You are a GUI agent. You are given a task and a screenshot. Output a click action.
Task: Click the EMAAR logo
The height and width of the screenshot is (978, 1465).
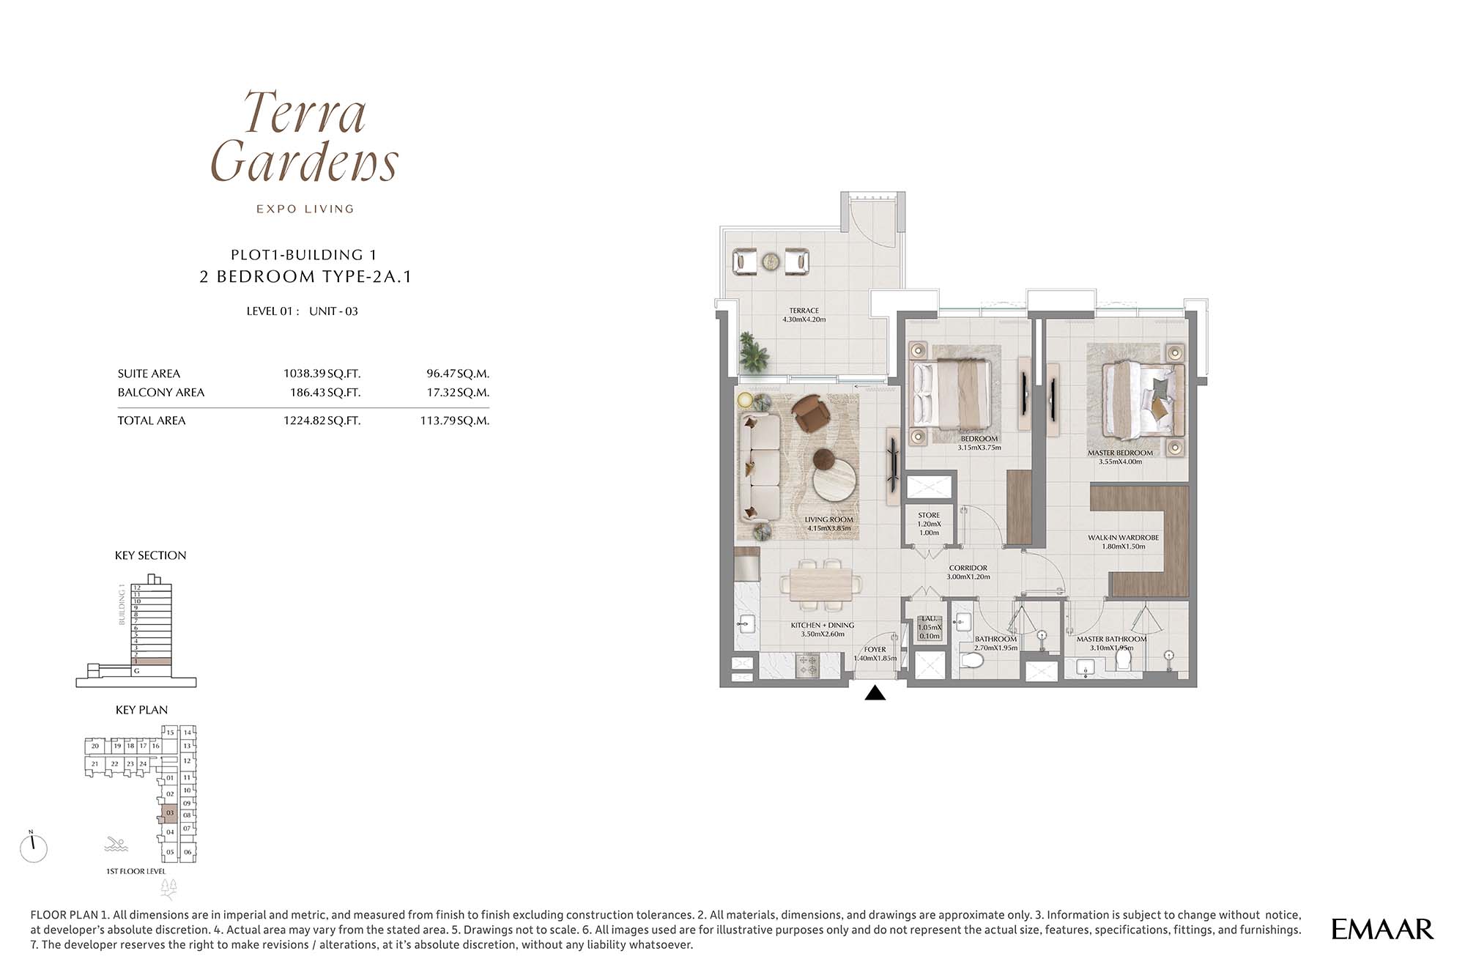[x=1382, y=929]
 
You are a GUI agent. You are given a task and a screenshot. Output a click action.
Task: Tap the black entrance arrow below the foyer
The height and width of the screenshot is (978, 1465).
[x=875, y=692]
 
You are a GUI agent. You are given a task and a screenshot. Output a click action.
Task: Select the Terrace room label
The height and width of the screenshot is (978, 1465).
[x=804, y=315]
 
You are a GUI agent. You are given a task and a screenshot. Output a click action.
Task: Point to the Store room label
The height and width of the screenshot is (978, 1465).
[x=929, y=524]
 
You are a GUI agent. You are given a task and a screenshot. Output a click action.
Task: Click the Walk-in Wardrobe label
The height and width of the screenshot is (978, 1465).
[x=1123, y=542]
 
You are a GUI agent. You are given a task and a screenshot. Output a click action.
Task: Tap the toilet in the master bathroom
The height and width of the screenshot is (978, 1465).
[x=1123, y=659]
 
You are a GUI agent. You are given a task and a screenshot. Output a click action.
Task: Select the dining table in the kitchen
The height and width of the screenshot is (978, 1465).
[x=820, y=585]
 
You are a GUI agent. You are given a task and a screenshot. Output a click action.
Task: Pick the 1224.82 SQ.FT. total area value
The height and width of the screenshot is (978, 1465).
[x=322, y=421]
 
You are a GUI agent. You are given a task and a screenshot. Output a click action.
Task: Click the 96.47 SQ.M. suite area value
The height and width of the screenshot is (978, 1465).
[x=458, y=374]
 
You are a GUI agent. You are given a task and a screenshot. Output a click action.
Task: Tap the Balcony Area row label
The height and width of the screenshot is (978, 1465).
[x=161, y=393]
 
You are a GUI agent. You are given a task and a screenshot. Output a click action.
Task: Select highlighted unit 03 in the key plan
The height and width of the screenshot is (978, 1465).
[x=169, y=813]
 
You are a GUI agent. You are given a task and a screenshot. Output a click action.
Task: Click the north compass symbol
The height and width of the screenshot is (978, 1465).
[x=34, y=848]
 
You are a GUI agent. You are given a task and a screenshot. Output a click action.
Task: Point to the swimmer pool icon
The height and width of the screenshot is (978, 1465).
[x=116, y=844]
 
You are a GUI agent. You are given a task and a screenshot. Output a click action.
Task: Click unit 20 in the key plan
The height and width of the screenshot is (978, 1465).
[x=94, y=747]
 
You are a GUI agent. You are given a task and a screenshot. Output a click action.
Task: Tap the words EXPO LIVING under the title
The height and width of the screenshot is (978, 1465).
[x=305, y=209]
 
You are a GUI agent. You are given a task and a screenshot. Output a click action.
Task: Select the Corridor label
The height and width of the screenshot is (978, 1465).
[x=968, y=572]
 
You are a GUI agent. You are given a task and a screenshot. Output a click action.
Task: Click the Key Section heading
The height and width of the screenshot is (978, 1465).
[x=150, y=555]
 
